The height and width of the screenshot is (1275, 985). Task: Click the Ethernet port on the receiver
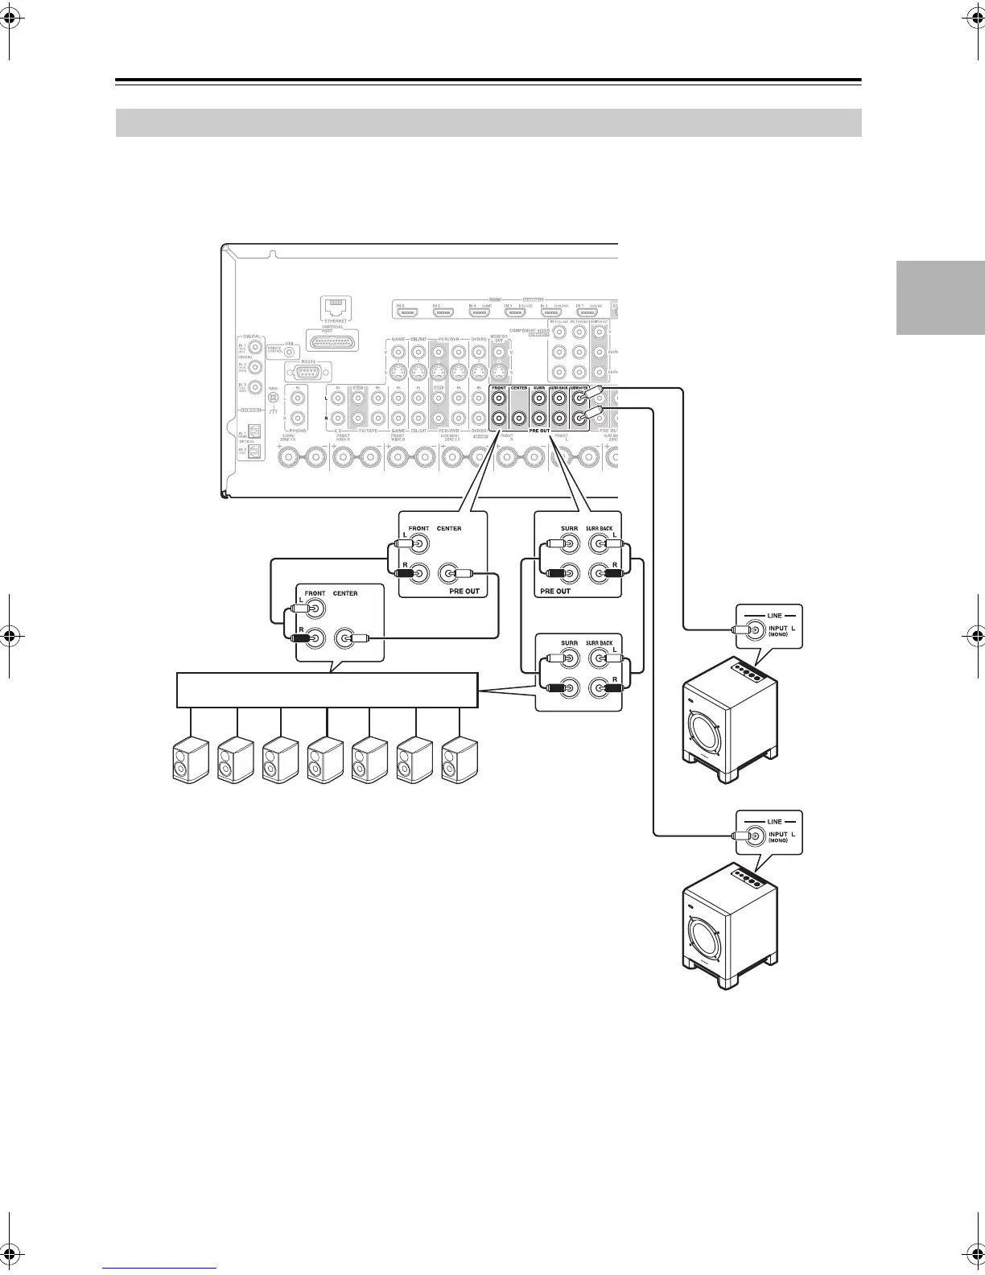coord(334,307)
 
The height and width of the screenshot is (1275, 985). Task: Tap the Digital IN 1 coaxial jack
coord(255,348)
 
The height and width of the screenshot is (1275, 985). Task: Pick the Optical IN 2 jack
coord(254,452)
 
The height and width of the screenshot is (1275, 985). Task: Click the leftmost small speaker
coord(192,760)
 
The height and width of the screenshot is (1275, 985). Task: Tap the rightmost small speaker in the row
coord(460,760)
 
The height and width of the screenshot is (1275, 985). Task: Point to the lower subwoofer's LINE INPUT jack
coord(755,836)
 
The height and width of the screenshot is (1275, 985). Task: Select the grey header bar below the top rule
coord(488,123)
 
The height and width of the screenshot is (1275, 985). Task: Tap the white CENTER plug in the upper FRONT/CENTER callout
coord(464,574)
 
